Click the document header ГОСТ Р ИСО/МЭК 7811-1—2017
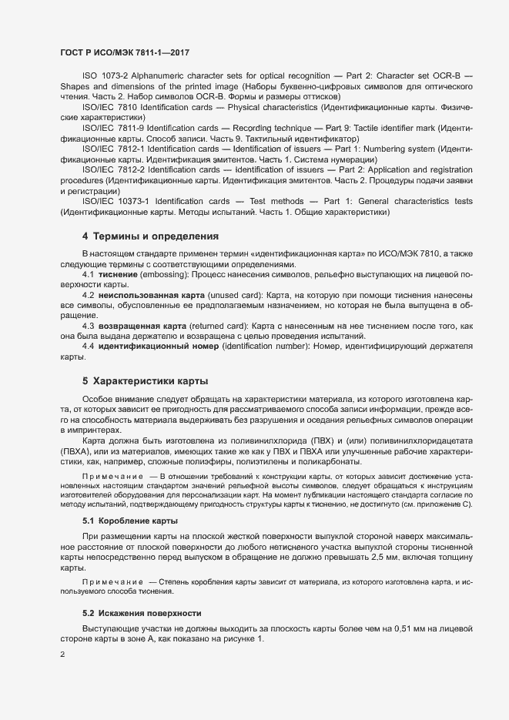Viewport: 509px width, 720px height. (124, 52)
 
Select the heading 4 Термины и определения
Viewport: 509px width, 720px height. (150, 236)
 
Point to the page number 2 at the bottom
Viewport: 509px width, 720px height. (62, 655)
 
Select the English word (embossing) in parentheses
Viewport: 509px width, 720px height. (166, 274)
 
